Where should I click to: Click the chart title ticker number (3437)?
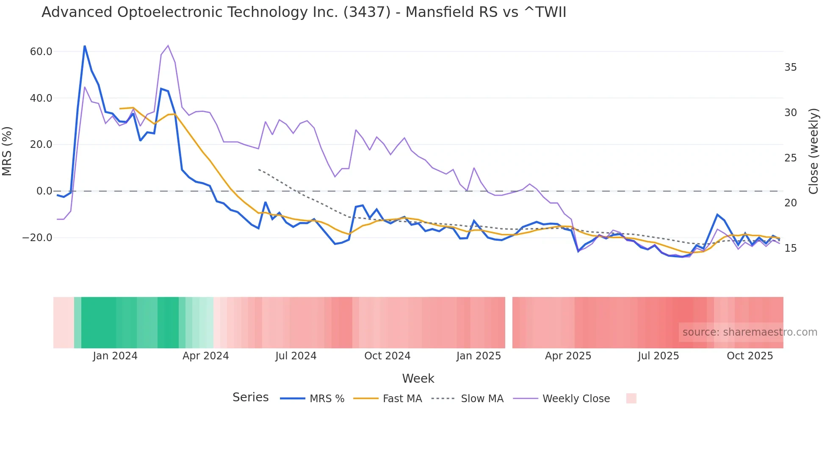[367, 12]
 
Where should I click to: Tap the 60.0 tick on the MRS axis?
[41, 52]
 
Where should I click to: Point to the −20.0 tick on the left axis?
[37, 238]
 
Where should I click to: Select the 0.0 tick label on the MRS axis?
[44, 191]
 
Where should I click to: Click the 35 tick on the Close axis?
[790, 67]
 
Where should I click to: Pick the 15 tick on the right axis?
[790, 248]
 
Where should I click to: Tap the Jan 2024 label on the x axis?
[115, 356]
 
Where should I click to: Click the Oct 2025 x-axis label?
[750, 356]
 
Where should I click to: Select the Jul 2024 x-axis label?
[296, 356]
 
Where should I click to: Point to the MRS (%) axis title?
[7, 151]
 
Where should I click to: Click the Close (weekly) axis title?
[813, 151]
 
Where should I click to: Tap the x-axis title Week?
[418, 378]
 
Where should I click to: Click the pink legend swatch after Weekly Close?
[631, 398]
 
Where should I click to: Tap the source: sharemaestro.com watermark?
[750, 332]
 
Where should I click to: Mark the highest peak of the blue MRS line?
[85, 46]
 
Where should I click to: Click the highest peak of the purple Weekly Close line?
[168, 46]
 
